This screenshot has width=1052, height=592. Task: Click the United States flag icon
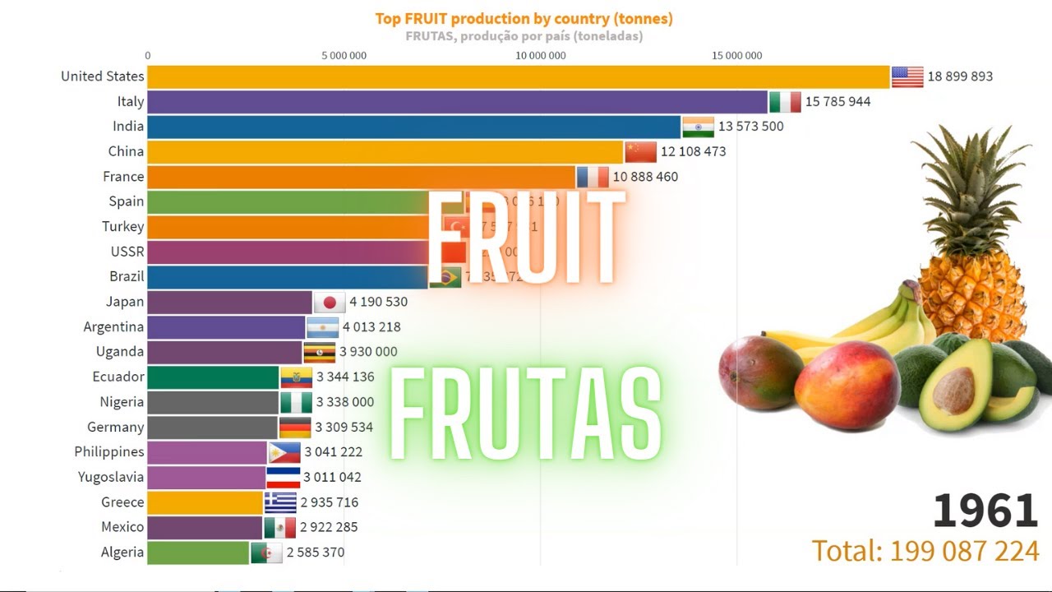907,76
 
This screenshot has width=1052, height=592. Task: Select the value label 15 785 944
837,102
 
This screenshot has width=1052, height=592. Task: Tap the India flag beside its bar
698,127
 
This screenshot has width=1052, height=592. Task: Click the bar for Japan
230,302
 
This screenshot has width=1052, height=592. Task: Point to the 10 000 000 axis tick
540,56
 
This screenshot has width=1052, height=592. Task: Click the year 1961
985,511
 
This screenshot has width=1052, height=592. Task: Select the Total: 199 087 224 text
925,551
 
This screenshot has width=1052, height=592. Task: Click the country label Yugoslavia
111,477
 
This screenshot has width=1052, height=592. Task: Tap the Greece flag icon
280,502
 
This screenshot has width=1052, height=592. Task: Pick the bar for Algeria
198,553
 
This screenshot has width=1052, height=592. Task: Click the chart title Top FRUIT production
524,18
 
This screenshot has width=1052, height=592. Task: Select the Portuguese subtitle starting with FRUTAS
524,36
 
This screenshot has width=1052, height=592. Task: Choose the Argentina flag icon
322,327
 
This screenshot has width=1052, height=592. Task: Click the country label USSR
127,252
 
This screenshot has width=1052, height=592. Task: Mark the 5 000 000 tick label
344,56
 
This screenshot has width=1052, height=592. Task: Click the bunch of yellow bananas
871,325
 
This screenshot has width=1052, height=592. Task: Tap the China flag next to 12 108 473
640,152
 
